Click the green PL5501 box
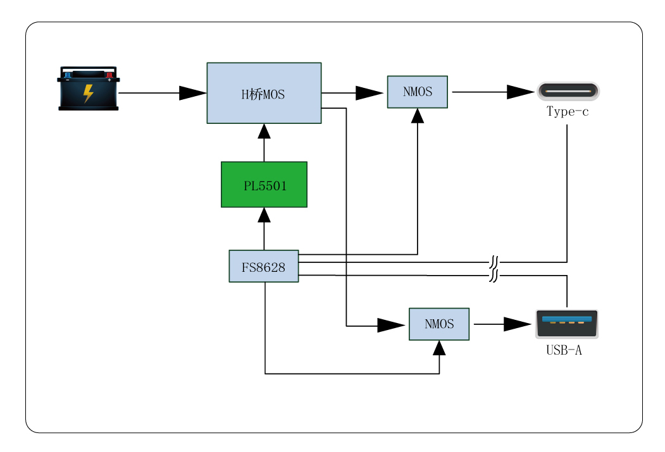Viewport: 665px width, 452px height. pos(264,185)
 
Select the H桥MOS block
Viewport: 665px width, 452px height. pos(264,93)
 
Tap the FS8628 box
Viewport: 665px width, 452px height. pos(263,266)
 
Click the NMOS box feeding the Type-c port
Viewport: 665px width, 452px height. pos(418,92)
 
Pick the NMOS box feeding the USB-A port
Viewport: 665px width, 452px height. pos(439,324)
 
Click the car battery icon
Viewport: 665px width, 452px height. pos(89,89)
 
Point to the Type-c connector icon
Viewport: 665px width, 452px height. pos(568,92)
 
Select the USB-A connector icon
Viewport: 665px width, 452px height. pos(566,324)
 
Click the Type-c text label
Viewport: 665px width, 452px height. pos(568,112)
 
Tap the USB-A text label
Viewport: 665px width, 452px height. pos(564,350)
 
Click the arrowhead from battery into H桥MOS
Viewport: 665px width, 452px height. pos(192,93)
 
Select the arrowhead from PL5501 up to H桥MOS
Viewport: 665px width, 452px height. pos(264,131)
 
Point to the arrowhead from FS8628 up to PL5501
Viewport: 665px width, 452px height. pos(264,215)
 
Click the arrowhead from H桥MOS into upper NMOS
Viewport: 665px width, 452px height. pos(369,93)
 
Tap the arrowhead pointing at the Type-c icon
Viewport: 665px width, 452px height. pos(520,92)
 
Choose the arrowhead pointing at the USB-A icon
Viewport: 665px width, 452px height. pos(517,324)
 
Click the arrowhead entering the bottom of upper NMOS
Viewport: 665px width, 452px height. pos(418,116)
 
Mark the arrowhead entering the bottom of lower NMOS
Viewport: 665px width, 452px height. pos(439,348)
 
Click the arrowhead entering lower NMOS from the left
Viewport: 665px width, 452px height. pos(390,326)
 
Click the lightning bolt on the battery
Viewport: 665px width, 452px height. pos(89,94)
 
